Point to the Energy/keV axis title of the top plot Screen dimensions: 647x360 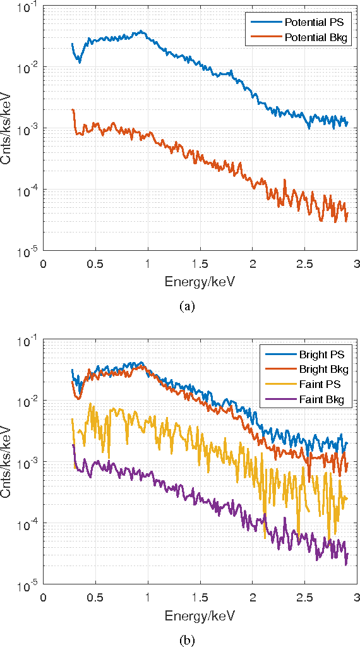[x=199, y=280]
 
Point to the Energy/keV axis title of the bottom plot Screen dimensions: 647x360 [x=199, y=614]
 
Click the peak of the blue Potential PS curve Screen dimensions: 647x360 [x=142, y=31]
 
